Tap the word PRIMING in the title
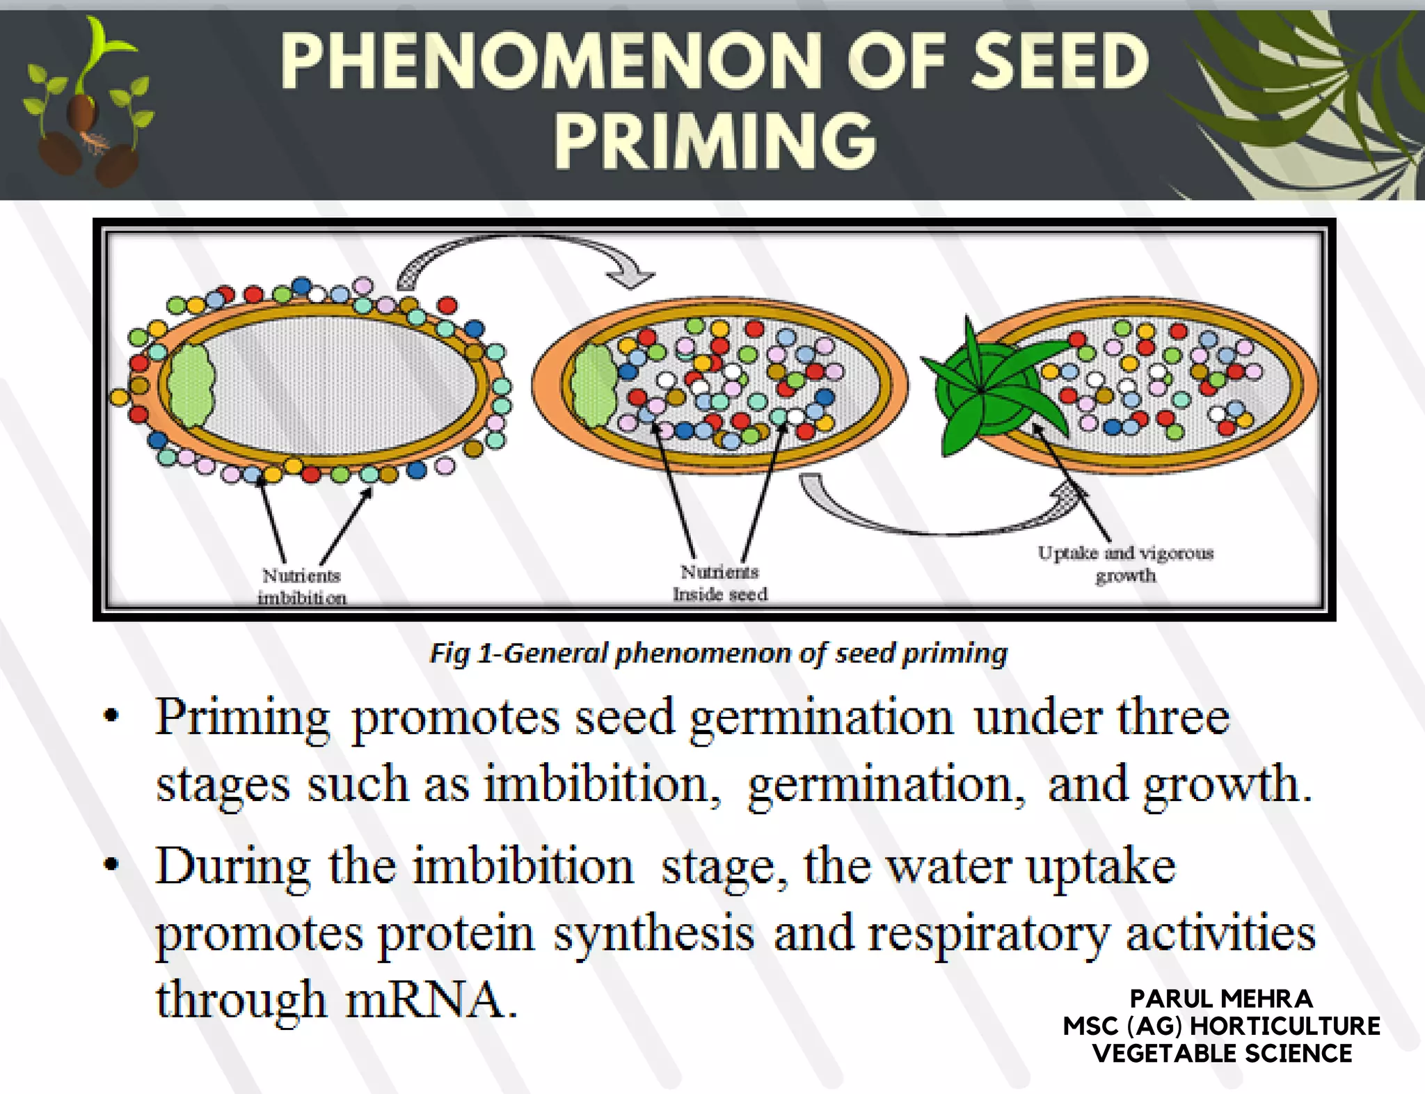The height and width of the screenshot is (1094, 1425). pyautogui.click(x=715, y=142)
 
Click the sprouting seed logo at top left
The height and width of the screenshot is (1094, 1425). pyautogui.click(x=87, y=104)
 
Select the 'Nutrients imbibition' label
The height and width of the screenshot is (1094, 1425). pyautogui.click(x=301, y=586)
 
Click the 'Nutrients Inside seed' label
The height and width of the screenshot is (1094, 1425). pyautogui.click(x=720, y=582)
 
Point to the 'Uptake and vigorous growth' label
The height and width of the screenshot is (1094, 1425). pyautogui.click(x=1125, y=564)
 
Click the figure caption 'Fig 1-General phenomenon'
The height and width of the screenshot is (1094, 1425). pyautogui.click(x=718, y=653)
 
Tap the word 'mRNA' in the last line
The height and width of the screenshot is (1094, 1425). pyautogui.click(x=431, y=999)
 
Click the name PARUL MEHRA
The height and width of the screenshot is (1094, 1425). pyautogui.click(x=1221, y=999)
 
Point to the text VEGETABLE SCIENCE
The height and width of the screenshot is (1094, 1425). pyautogui.click(x=1222, y=1053)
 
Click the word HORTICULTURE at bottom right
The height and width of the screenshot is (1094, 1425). pyautogui.click(x=1285, y=1026)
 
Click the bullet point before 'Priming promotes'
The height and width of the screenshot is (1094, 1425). pyautogui.click(x=111, y=717)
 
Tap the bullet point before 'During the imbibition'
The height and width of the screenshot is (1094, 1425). pyautogui.click(x=111, y=865)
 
